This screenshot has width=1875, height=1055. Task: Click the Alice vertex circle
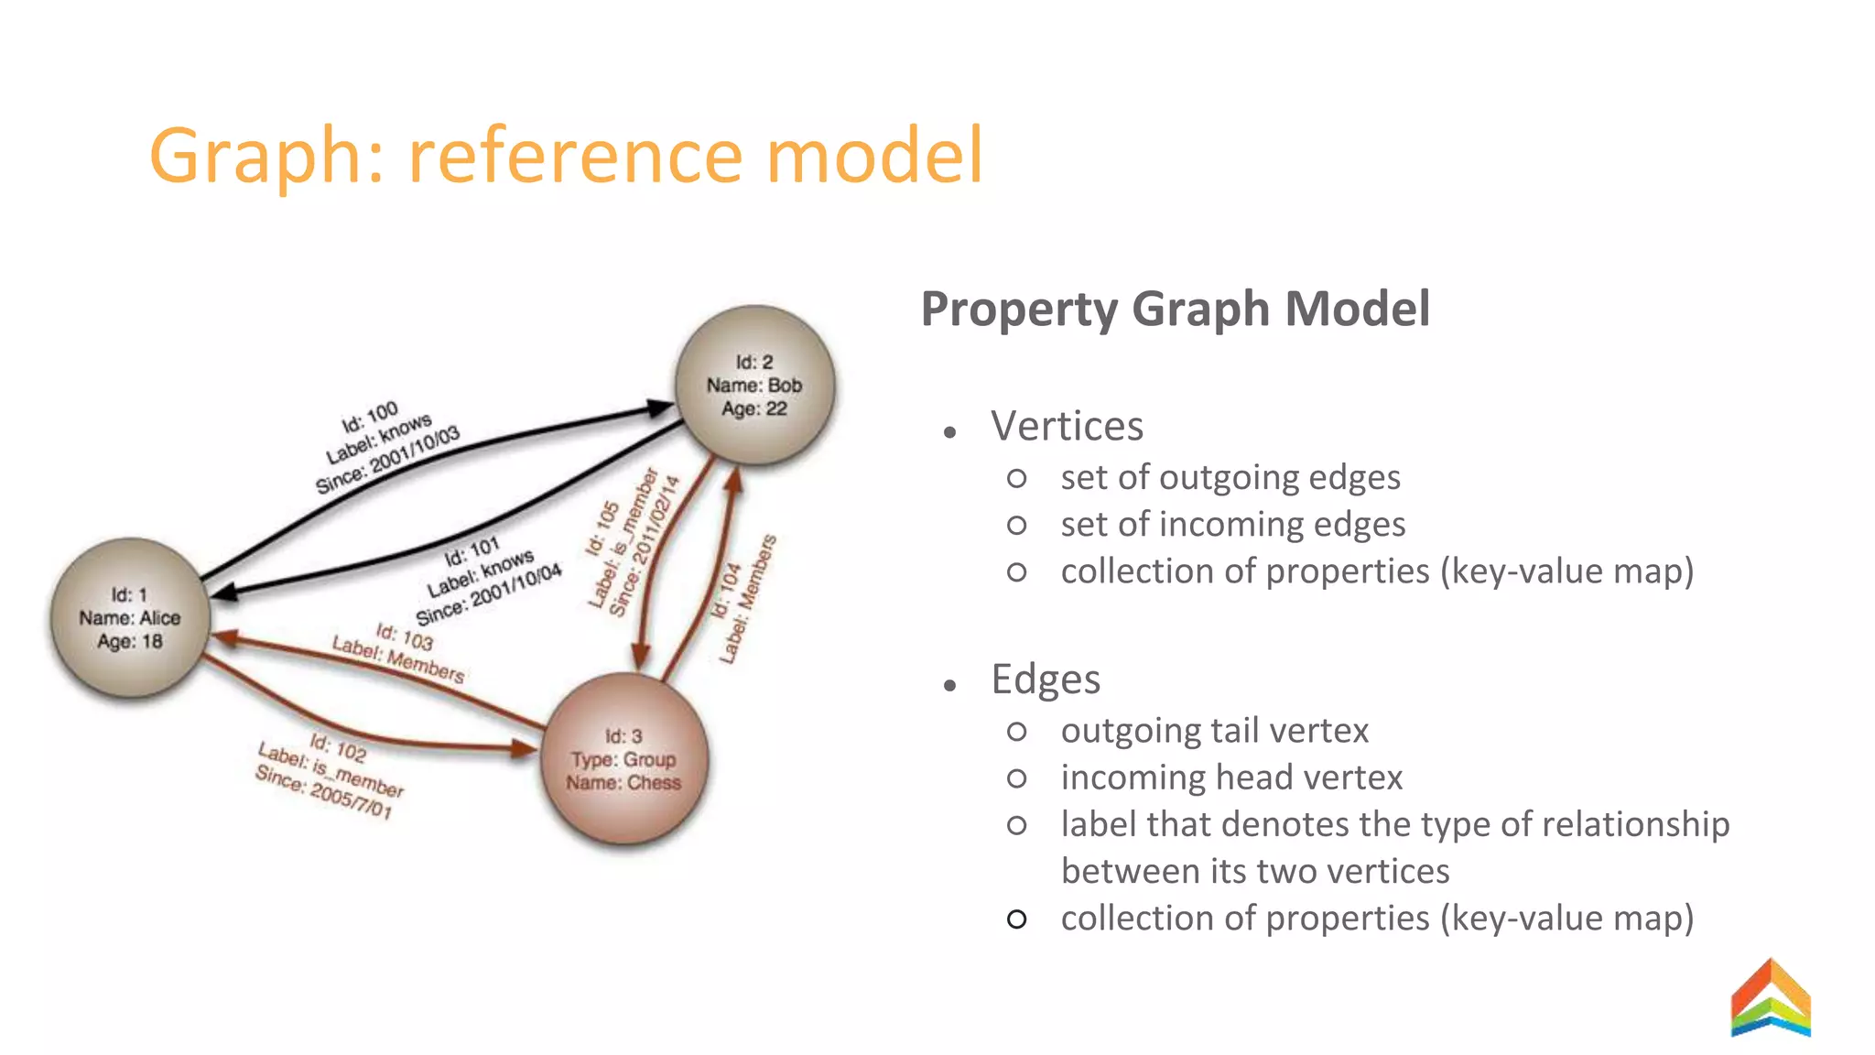130,618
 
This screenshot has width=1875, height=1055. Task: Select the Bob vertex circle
754,386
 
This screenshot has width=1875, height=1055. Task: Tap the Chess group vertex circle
624,759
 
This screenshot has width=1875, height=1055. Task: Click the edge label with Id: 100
386,448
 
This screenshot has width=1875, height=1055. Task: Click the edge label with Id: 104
745,599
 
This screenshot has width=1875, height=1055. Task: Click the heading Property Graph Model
1175,309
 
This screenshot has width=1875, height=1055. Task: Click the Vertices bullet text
1067,427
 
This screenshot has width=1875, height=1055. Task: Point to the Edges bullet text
1046,680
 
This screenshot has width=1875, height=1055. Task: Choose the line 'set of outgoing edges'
1230,478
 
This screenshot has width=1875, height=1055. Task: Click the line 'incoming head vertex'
1231,778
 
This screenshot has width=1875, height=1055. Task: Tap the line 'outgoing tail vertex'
1214,731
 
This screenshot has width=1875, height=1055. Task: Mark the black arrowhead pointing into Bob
660,408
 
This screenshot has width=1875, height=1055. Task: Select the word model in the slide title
874,156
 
